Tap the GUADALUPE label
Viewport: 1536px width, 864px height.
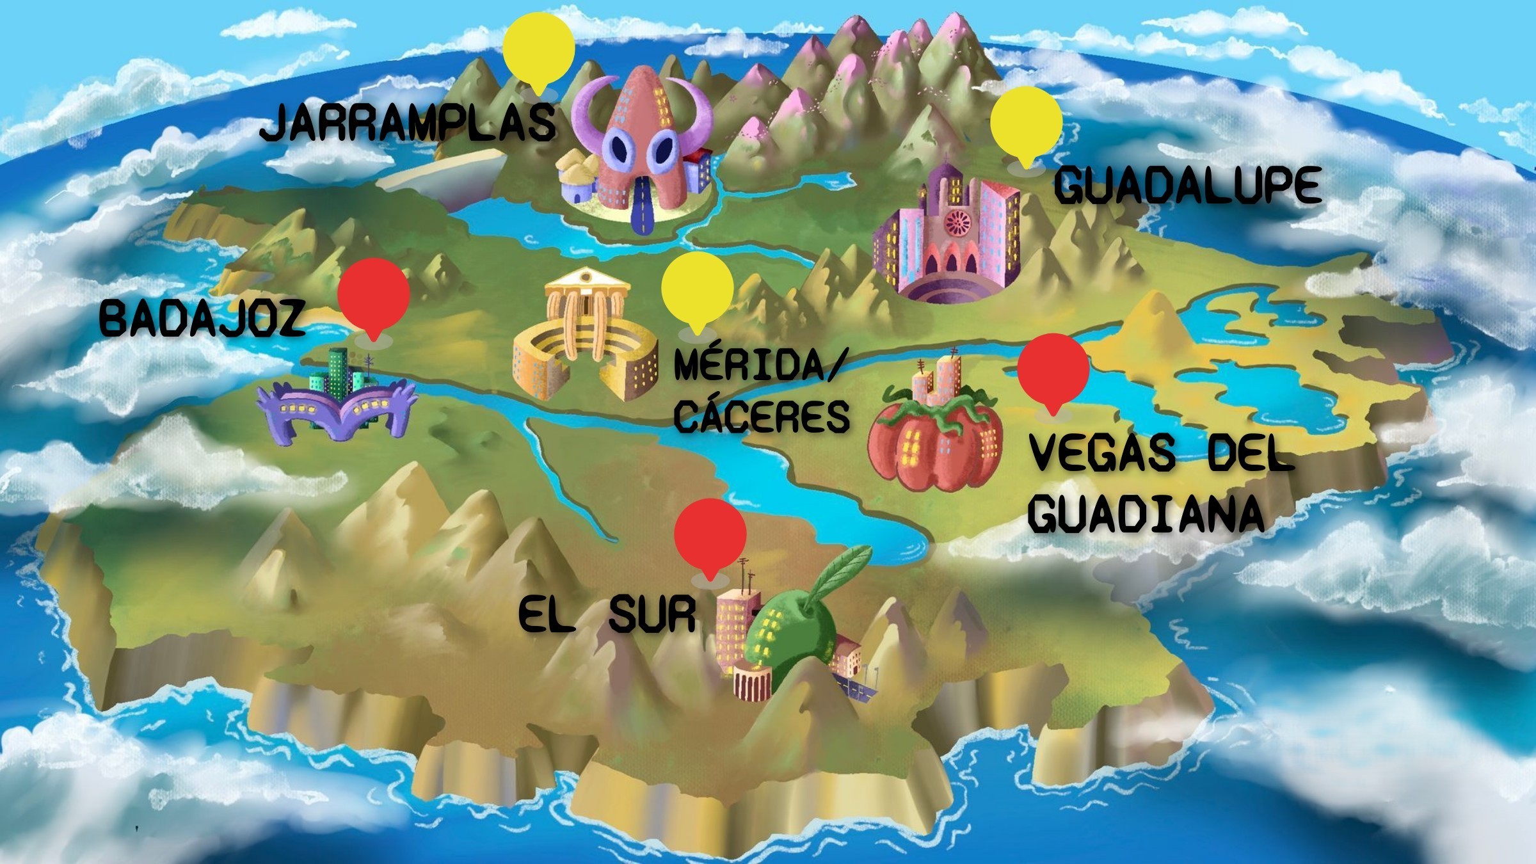click(x=1187, y=185)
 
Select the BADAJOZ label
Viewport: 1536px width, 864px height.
click(x=202, y=319)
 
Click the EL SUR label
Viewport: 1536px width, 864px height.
click(x=607, y=614)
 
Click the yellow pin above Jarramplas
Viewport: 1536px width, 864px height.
click(x=538, y=48)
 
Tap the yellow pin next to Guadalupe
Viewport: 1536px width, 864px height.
click(x=1026, y=123)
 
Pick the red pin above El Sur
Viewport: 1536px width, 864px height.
click(x=710, y=536)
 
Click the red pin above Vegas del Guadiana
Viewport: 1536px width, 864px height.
click(x=1053, y=370)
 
